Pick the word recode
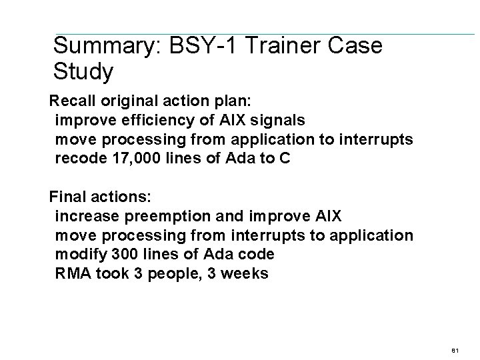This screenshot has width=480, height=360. point(78,160)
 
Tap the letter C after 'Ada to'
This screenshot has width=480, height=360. point(285,160)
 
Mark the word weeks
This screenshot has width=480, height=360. point(247,273)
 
